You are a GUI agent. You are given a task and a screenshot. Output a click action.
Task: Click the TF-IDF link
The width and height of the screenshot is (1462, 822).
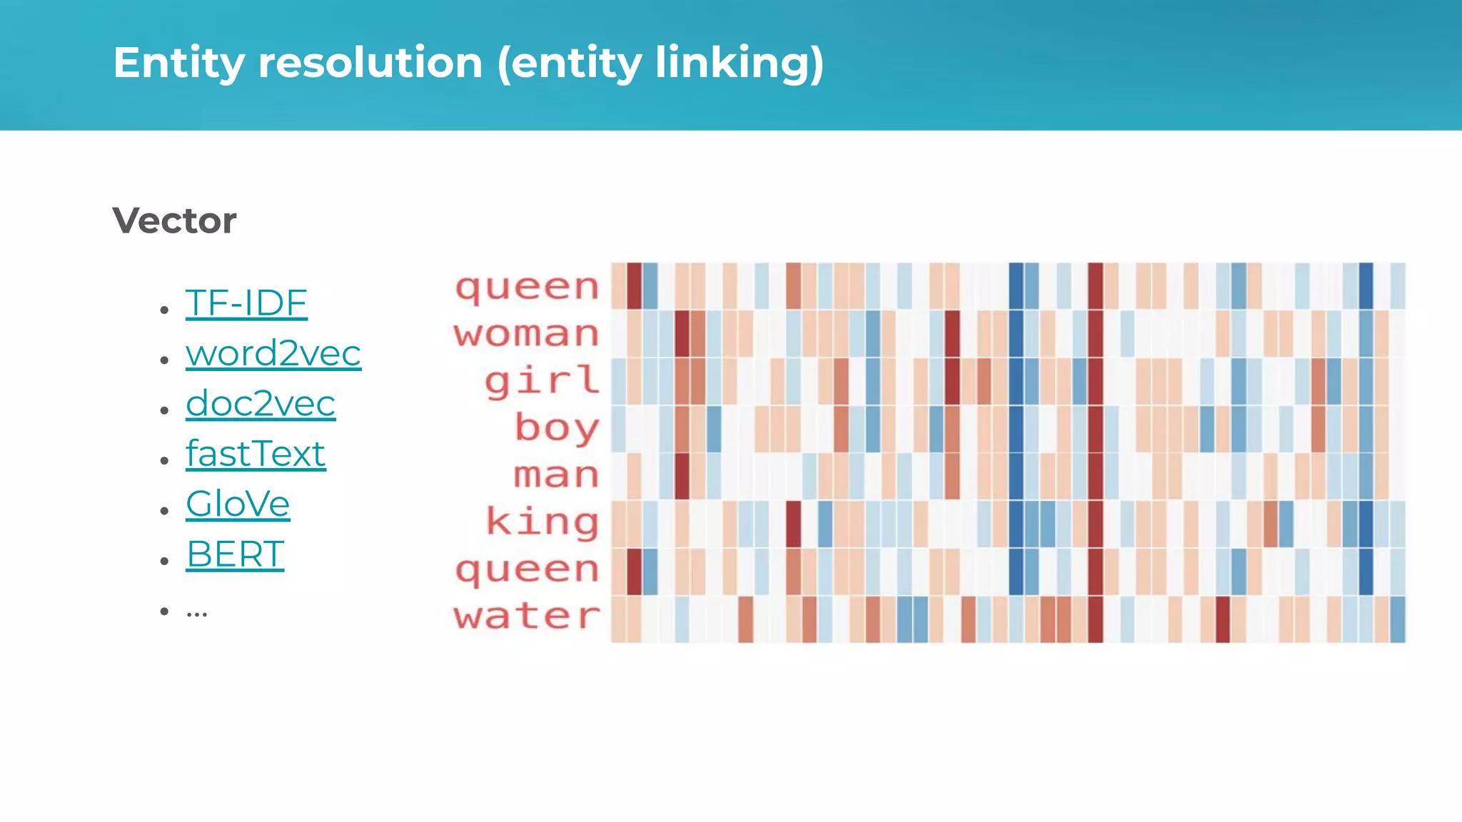246,303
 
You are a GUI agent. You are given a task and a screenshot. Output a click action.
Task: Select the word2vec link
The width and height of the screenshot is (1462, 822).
273,353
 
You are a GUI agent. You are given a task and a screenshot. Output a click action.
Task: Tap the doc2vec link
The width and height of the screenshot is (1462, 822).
261,404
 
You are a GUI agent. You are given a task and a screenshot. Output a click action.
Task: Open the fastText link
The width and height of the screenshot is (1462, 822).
256,454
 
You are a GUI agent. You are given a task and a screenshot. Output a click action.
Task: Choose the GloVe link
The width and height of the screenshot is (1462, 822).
238,504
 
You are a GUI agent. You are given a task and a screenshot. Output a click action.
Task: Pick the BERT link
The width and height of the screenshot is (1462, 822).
235,554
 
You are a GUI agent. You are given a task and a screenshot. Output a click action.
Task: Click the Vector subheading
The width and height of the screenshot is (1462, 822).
174,220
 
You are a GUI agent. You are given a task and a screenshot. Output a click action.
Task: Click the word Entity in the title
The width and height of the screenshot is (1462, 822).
179,63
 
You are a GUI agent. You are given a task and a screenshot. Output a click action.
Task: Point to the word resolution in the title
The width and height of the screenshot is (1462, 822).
370,63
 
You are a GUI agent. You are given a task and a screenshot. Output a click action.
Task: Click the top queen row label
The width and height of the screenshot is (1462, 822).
527,288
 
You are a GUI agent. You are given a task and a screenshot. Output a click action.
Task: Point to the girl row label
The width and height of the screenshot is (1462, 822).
542,380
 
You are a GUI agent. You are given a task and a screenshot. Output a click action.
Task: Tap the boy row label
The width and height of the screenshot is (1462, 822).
557,428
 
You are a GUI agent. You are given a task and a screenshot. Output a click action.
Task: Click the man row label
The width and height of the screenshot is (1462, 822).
556,475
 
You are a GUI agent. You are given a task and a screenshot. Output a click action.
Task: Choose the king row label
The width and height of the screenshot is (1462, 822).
542,522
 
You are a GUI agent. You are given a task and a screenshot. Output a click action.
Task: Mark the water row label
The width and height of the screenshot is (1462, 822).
527,616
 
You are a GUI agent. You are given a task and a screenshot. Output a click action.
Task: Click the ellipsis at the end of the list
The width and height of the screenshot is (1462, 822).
196,612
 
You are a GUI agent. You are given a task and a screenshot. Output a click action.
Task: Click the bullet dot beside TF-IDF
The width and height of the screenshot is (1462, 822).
165,310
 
